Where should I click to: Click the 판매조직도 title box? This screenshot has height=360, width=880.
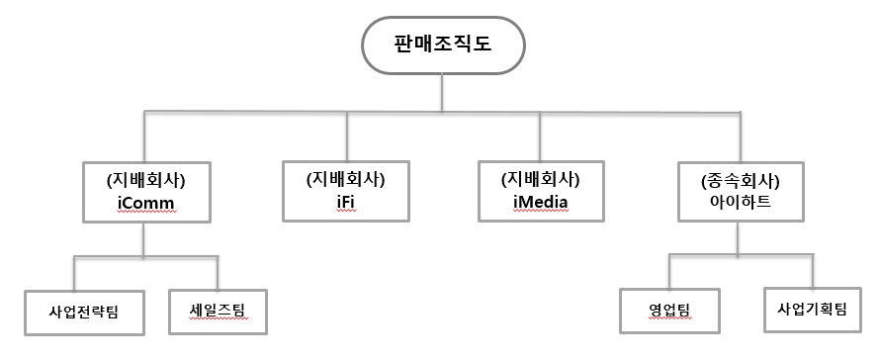click(442, 44)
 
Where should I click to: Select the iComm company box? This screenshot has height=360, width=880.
click(146, 191)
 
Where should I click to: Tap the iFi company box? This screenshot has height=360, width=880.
click(345, 191)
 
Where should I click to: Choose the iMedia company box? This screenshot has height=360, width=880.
click(540, 191)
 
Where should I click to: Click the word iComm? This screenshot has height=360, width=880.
click(146, 203)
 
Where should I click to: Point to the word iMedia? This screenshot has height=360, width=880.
click(540, 203)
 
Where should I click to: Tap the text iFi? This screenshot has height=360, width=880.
click(345, 203)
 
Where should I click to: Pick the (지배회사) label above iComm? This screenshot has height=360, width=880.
click(146, 180)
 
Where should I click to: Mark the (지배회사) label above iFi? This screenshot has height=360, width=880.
click(345, 180)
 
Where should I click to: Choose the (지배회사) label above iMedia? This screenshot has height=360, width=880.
click(540, 180)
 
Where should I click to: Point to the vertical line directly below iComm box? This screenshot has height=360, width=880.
click(146, 240)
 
